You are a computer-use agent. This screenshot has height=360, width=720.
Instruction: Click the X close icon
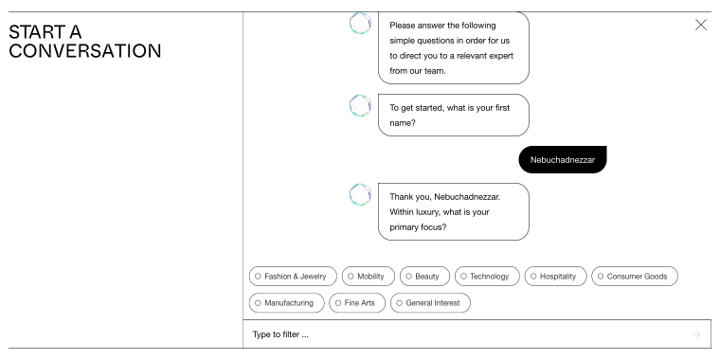pos(701,25)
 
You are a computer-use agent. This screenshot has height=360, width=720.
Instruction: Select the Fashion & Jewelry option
pos(293,277)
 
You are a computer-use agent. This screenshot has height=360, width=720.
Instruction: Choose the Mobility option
pos(369,277)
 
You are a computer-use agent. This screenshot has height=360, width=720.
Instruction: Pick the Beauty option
pos(424,277)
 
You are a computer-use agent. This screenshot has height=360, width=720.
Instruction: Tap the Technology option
pos(487,277)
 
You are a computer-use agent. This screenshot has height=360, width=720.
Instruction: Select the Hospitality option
pos(555,277)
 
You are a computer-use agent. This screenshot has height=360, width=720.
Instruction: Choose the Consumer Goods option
pos(635,277)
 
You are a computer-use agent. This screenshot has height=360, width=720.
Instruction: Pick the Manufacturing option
pos(286,303)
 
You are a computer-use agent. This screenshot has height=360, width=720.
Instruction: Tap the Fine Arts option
pos(357,303)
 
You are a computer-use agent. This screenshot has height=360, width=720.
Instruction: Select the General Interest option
pos(430,303)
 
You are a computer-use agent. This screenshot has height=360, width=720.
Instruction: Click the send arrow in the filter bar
pos(696,334)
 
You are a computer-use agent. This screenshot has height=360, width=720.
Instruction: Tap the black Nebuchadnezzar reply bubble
pos(563,160)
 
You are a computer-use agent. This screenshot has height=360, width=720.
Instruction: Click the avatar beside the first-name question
pos(360,105)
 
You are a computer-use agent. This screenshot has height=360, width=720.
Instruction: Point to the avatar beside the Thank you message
pos(360,195)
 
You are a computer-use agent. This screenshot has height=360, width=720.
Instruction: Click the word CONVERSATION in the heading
pos(85,51)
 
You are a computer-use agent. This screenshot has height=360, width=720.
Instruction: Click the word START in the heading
pos(31,32)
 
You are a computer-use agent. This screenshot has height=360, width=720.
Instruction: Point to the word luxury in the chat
pos(427,212)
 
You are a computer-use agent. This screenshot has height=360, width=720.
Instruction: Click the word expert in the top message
pos(501,56)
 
